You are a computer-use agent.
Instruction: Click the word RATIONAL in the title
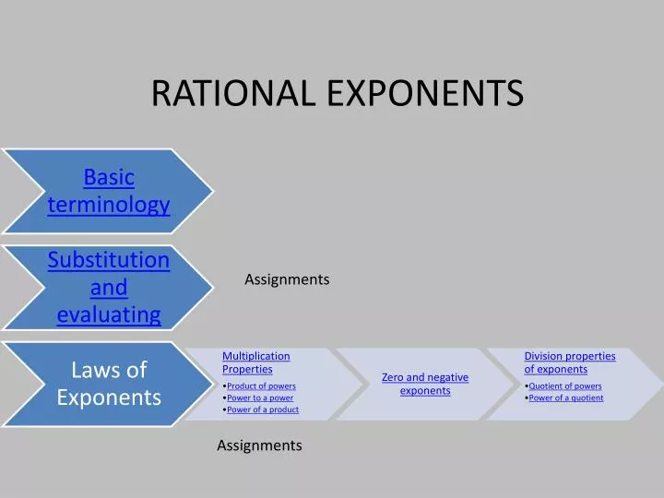(235, 92)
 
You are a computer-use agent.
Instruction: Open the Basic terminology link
(109, 190)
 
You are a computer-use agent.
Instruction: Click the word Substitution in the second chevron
(109, 260)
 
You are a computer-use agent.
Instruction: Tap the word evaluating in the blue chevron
(109, 315)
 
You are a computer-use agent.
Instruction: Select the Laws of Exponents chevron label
(109, 384)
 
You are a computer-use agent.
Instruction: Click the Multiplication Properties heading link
(255, 362)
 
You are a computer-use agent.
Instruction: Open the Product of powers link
(261, 385)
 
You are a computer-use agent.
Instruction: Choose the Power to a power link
(260, 397)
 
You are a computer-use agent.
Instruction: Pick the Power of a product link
(263, 409)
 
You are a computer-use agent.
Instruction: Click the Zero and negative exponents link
(425, 384)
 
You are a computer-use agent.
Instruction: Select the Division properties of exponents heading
(569, 362)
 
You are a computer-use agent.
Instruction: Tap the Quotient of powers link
(565, 385)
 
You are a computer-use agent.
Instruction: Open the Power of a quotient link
(566, 397)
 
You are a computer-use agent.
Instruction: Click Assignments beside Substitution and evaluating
(287, 279)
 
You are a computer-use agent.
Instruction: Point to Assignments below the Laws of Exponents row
(259, 445)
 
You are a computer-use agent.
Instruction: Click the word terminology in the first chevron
(109, 205)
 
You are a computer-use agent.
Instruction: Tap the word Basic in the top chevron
(109, 176)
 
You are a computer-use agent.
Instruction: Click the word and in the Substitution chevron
(109, 288)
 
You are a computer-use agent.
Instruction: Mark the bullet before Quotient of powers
(527, 386)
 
